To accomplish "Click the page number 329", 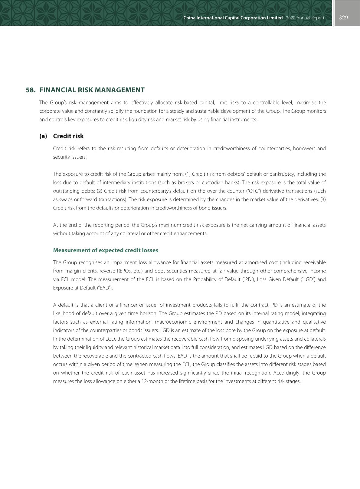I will (x=343, y=18).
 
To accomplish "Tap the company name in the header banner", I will (x=233, y=18).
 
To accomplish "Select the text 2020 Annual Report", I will (x=305, y=18).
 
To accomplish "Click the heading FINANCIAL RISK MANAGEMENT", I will (x=92, y=90).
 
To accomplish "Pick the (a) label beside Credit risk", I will (x=43, y=136).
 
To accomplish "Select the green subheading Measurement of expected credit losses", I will (x=106, y=250).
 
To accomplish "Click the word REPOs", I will (x=124, y=271).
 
